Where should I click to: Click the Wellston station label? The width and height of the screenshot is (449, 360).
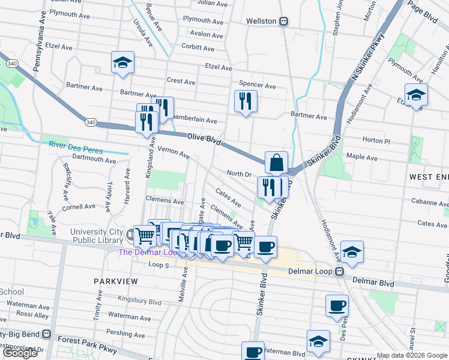pos(261,21)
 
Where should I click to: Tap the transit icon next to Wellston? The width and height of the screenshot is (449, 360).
pos(283,21)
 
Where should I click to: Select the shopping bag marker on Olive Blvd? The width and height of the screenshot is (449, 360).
pos(276,163)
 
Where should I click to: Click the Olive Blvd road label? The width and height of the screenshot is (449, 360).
pos(205,140)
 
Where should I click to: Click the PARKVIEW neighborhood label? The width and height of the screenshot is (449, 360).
pos(116,281)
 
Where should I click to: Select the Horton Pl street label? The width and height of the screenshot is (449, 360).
pos(376,140)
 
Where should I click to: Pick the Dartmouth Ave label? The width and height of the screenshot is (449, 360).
pos(94,160)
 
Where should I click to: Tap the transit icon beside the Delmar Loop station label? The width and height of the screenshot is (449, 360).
pos(340,271)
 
